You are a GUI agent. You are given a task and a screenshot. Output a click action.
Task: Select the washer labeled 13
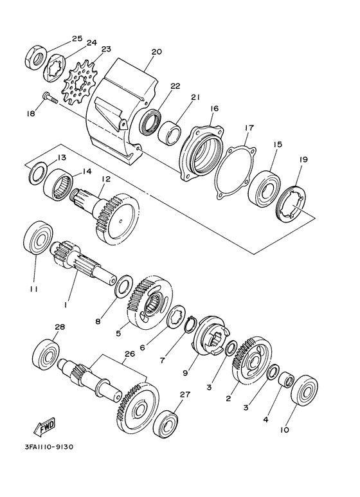coord(39,172)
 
